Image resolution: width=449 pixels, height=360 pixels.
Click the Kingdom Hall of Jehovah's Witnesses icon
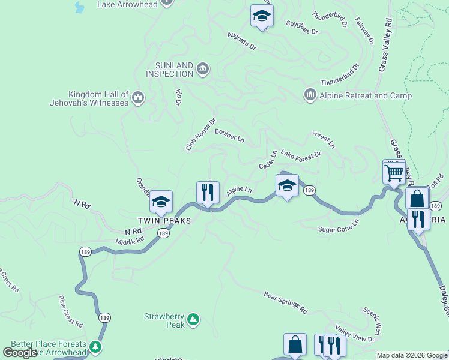[137, 97]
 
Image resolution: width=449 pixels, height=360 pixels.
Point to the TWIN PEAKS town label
[164, 221]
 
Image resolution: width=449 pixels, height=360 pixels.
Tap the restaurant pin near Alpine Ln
[208, 193]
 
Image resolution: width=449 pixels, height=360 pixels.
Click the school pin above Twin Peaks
[161, 203]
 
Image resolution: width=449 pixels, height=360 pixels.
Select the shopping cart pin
[394, 173]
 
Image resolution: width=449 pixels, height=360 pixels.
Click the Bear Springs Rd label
[285, 302]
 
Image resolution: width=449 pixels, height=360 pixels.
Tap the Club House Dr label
[200, 134]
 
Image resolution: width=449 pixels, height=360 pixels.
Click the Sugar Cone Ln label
[338, 226]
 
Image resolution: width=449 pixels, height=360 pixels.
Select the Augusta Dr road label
[241, 41]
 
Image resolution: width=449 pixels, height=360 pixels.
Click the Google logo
[20, 353]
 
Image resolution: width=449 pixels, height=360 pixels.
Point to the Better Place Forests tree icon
[95, 347]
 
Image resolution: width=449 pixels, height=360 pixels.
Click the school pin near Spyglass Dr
[262, 17]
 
